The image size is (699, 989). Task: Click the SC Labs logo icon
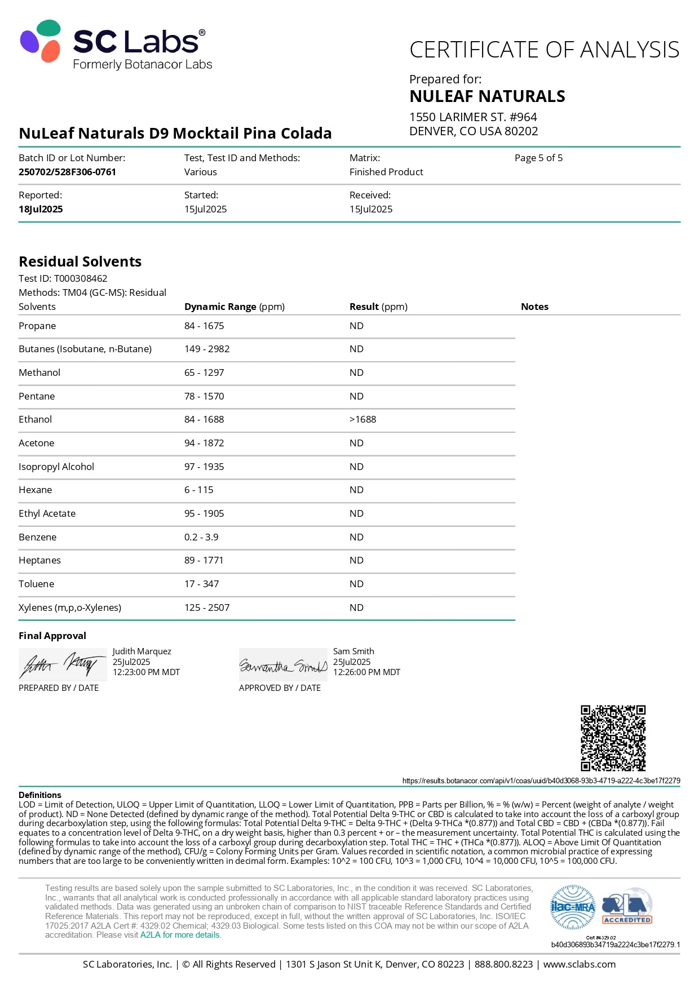click(41, 41)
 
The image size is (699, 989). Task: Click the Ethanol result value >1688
click(362, 419)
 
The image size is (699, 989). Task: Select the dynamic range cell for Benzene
click(201, 537)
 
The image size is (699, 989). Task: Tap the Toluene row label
click(37, 584)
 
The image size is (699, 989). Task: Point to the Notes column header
click(534, 307)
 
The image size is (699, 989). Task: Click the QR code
click(613, 738)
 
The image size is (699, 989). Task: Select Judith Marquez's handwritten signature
click(62, 665)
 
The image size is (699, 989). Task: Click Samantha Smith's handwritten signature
click(283, 666)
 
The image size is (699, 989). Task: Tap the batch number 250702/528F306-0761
click(67, 172)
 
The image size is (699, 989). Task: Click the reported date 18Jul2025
click(41, 209)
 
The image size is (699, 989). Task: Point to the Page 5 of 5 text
click(538, 158)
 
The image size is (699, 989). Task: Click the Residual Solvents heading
click(80, 261)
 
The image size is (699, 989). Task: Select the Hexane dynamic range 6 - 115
click(198, 490)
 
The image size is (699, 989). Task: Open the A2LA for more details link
click(180, 935)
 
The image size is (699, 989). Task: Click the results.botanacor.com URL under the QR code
click(541, 780)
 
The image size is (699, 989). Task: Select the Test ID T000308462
click(80, 278)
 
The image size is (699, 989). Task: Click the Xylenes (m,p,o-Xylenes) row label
click(70, 607)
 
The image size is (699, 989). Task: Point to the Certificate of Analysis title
click(544, 50)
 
